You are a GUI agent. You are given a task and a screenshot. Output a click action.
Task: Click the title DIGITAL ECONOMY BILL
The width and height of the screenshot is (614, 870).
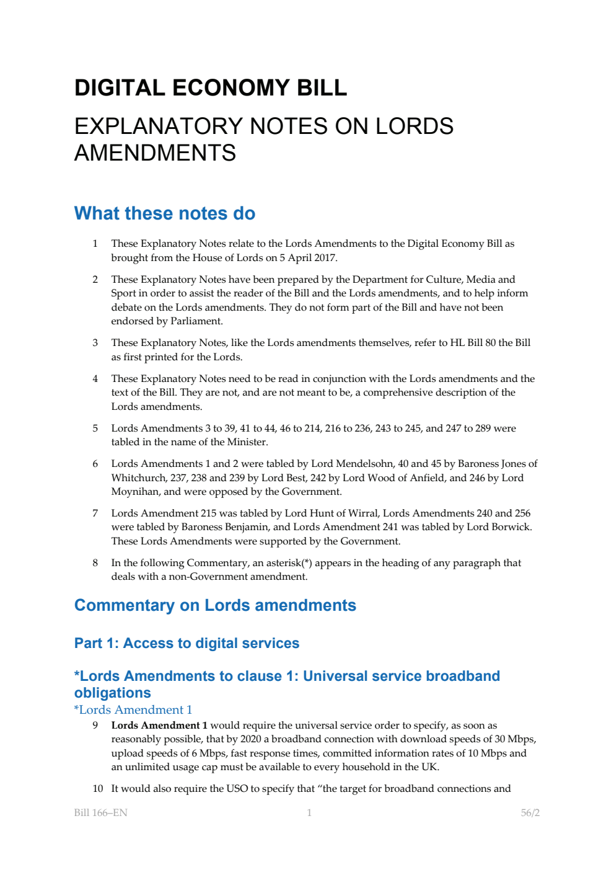coord(211,88)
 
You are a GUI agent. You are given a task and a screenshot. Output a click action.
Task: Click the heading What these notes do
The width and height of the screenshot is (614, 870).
coord(165,213)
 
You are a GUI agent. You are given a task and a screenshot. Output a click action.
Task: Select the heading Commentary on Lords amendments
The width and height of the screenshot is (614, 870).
coord(215,605)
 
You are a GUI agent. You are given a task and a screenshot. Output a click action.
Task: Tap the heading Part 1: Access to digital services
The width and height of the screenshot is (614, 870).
coord(186,643)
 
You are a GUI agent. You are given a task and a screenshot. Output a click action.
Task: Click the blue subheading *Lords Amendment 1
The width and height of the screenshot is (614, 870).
coord(133,709)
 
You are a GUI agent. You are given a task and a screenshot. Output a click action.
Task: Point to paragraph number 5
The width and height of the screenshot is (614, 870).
coord(95,428)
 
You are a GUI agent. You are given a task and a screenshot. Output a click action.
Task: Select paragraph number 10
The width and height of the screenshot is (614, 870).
coord(98,789)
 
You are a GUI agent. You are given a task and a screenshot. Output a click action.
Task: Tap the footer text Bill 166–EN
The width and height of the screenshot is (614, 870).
coord(100,813)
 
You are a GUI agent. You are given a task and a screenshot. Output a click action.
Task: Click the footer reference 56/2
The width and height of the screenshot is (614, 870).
coord(530,813)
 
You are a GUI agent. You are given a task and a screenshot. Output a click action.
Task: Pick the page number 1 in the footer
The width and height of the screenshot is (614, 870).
coord(309,813)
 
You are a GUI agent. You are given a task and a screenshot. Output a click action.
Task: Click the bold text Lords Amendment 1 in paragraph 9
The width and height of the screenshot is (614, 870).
coord(159,726)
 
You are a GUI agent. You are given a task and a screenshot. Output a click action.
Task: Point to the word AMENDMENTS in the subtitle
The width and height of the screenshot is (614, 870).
coord(155,153)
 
